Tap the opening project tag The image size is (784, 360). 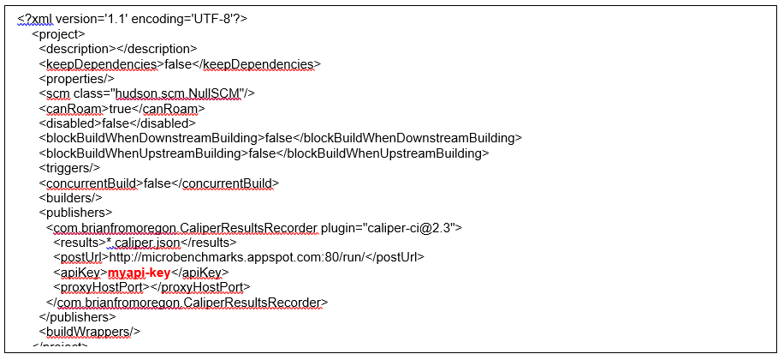pyautogui.click(x=58, y=34)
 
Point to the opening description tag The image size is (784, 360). pyautogui.click(x=75, y=49)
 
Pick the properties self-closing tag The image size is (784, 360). pyautogui.click(x=76, y=79)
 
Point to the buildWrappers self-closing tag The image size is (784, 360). pyautogui.click(x=89, y=332)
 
